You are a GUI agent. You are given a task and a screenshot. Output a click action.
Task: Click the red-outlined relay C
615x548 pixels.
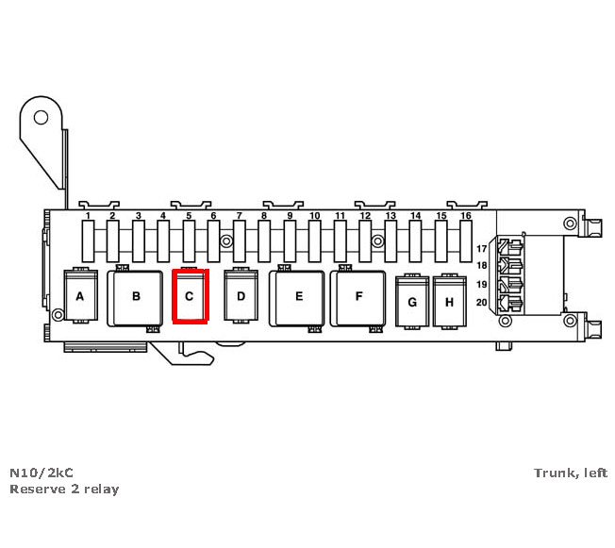[189, 296]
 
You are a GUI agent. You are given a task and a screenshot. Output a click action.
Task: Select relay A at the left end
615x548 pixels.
[79, 296]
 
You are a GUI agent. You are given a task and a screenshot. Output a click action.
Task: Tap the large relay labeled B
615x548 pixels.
[136, 297]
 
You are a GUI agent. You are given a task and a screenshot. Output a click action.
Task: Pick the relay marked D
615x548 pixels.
[241, 296]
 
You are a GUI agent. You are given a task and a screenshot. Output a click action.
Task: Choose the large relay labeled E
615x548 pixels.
[298, 297]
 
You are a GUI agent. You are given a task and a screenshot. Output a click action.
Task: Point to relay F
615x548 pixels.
[358, 297]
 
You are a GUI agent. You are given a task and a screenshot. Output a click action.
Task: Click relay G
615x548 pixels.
[411, 302]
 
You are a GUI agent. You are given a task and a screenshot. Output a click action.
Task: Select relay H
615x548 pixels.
[449, 302]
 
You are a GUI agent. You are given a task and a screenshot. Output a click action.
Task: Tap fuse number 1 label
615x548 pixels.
[88, 217]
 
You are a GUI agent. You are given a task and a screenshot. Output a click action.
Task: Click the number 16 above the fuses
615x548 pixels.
[466, 217]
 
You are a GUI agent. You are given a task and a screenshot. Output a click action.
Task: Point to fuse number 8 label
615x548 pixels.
[264, 217]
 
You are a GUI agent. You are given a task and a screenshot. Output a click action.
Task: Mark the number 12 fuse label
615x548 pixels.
[365, 217]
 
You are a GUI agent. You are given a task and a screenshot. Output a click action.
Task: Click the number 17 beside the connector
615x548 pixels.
[481, 249]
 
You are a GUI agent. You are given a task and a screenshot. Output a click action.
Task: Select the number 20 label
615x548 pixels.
[481, 303]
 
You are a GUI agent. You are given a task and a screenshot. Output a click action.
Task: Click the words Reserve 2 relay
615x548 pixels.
[64, 490]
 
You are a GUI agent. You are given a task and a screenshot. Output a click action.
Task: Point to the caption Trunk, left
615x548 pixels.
[571, 473]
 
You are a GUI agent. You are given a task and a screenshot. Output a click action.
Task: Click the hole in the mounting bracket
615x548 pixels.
[42, 117]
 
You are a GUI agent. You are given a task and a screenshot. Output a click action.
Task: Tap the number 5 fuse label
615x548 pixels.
[189, 217]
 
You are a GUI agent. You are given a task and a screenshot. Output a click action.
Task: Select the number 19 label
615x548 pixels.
[481, 285]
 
